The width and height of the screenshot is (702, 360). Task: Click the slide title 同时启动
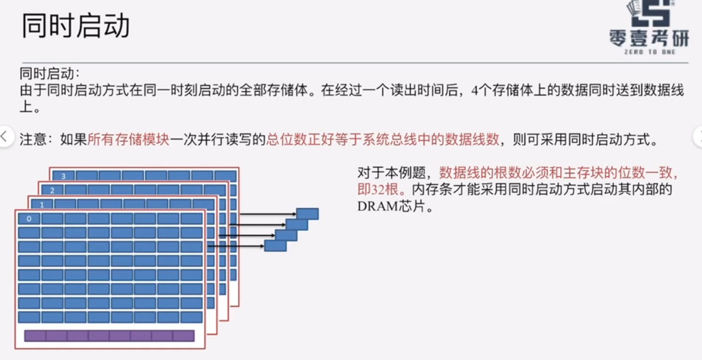click(76, 26)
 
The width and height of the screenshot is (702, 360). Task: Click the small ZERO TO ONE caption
click(650, 52)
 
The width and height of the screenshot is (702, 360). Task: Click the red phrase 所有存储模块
click(128, 139)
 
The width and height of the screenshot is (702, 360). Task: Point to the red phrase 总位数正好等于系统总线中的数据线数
click(383, 139)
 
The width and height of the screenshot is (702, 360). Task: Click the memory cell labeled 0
click(29, 219)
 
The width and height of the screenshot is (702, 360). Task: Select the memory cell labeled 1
click(42, 204)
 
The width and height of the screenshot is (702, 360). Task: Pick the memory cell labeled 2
click(52, 190)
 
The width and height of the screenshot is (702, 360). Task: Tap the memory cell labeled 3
click(63, 176)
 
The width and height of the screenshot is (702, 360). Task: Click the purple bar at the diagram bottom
click(109, 336)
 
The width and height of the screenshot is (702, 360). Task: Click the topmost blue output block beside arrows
click(307, 214)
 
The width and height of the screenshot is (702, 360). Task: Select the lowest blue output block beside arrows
click(275, 246)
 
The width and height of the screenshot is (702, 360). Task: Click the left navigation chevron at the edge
click(5, 136)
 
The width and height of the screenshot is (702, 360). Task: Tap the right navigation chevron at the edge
click(697, 136)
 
